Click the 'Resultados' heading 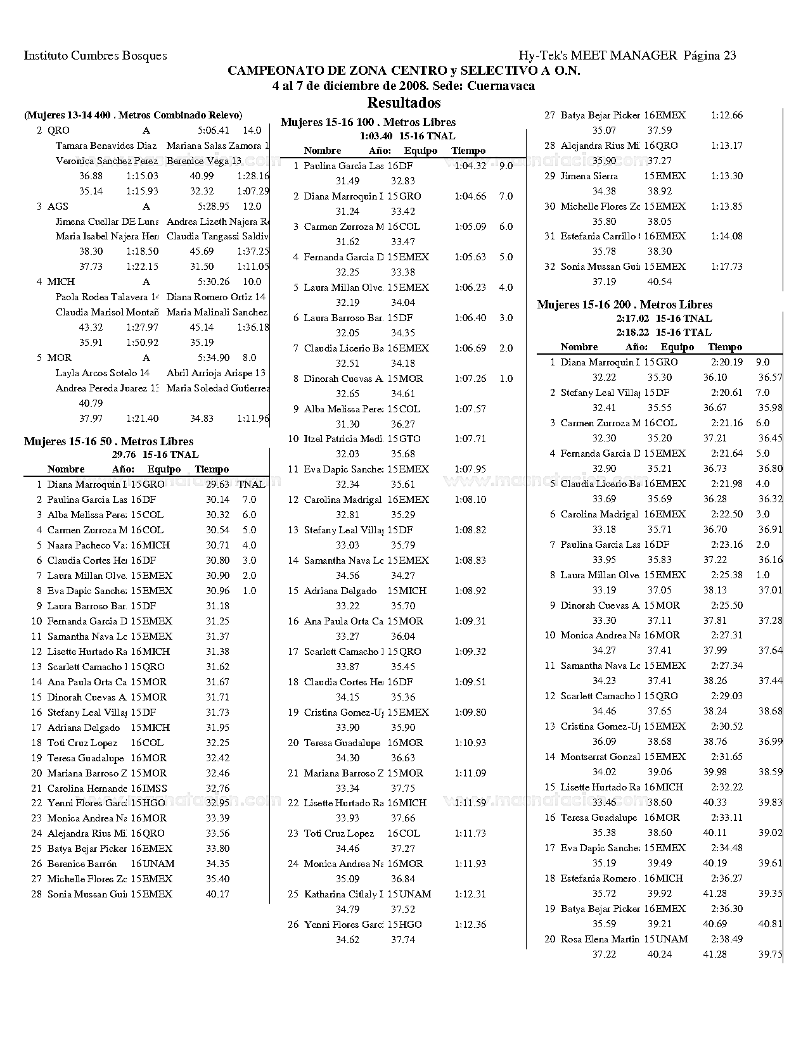coord(404,103)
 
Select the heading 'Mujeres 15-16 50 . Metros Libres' coord(108,441)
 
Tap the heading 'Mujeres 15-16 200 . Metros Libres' coord(624,305)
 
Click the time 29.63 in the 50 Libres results coord(217,484)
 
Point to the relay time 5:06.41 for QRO coord(213,130)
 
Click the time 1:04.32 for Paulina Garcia coord(470,166)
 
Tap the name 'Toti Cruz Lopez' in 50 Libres coord(82,743)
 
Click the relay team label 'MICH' coord(61,282)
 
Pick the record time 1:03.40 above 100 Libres coord(375,136)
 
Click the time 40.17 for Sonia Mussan coord(217,894)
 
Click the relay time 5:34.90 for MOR coord(213,358)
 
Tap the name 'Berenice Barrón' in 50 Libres coord(82,864)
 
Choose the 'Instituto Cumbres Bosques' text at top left coord(95,55)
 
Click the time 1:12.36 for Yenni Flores coord(470,925)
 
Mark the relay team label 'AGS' coord(58,206)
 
